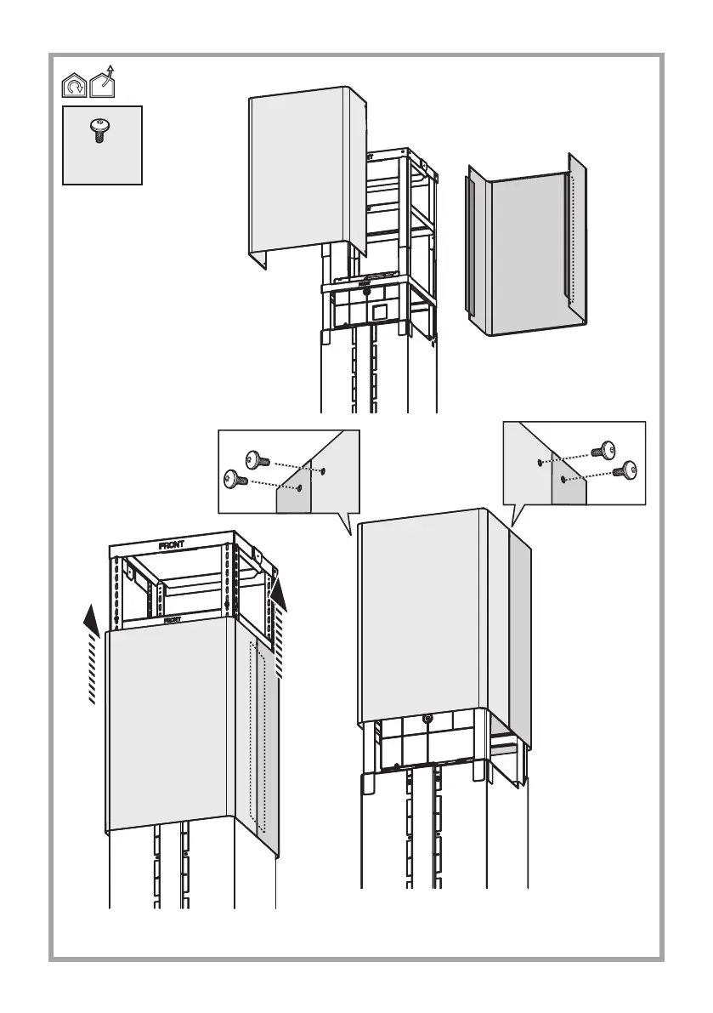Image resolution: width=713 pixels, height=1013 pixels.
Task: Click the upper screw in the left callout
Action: point(256,459)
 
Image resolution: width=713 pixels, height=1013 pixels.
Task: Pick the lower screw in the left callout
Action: point(234,479)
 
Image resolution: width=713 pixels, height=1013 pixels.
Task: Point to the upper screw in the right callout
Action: point(607,450)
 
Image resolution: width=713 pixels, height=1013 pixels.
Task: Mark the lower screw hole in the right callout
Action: point(564,479)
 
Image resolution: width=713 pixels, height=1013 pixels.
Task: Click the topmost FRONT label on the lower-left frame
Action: point(178,543)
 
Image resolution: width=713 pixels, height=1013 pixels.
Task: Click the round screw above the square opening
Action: point(366,291)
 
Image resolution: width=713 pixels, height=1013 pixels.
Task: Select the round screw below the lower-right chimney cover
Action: point(427,719)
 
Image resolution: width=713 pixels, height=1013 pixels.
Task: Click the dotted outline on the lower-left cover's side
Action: point(257,737)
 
